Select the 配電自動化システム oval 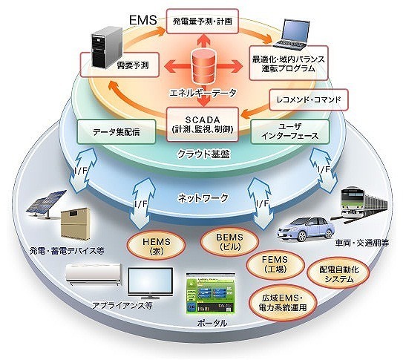pos(338,275)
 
